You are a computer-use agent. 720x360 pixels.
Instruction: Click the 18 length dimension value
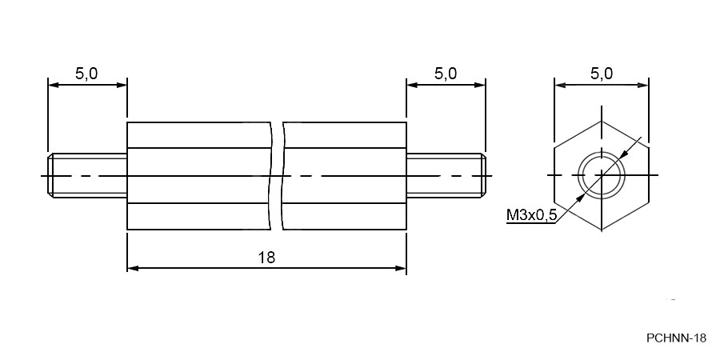[x=266, y=258]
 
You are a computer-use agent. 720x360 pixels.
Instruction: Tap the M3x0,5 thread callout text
[x=531, y=214]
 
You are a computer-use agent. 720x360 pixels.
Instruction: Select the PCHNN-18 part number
[x=676, y=338]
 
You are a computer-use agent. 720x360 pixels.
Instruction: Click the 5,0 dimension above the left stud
[x=86, y=74]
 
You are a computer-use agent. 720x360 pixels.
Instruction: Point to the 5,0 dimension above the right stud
[x=446, y=74]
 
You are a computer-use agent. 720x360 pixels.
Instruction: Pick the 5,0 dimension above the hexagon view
[x=601, y=74]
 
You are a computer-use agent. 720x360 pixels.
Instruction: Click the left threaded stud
[x=87, y=176]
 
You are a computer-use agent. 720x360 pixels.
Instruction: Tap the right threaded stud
[x=446, y=176]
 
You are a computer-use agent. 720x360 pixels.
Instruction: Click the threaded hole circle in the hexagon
[x=602, y=153]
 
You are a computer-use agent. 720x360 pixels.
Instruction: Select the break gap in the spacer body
[x=277, y=176]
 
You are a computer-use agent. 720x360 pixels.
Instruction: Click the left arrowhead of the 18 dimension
[x=133, y=268]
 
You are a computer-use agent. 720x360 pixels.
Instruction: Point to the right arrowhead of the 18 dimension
[x=401, y=268]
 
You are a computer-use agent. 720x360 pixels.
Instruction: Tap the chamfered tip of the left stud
[x=50, y=176]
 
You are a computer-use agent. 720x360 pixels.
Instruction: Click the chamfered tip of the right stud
[x=482, y=176]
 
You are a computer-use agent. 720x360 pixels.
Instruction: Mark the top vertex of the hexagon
[x=602, y=122]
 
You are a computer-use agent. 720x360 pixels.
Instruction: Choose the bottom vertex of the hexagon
[x=602, y=230]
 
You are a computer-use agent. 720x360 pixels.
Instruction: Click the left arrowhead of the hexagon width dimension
[x=560, y=85]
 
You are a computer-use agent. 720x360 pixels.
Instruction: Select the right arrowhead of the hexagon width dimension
[x=642, y=85]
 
